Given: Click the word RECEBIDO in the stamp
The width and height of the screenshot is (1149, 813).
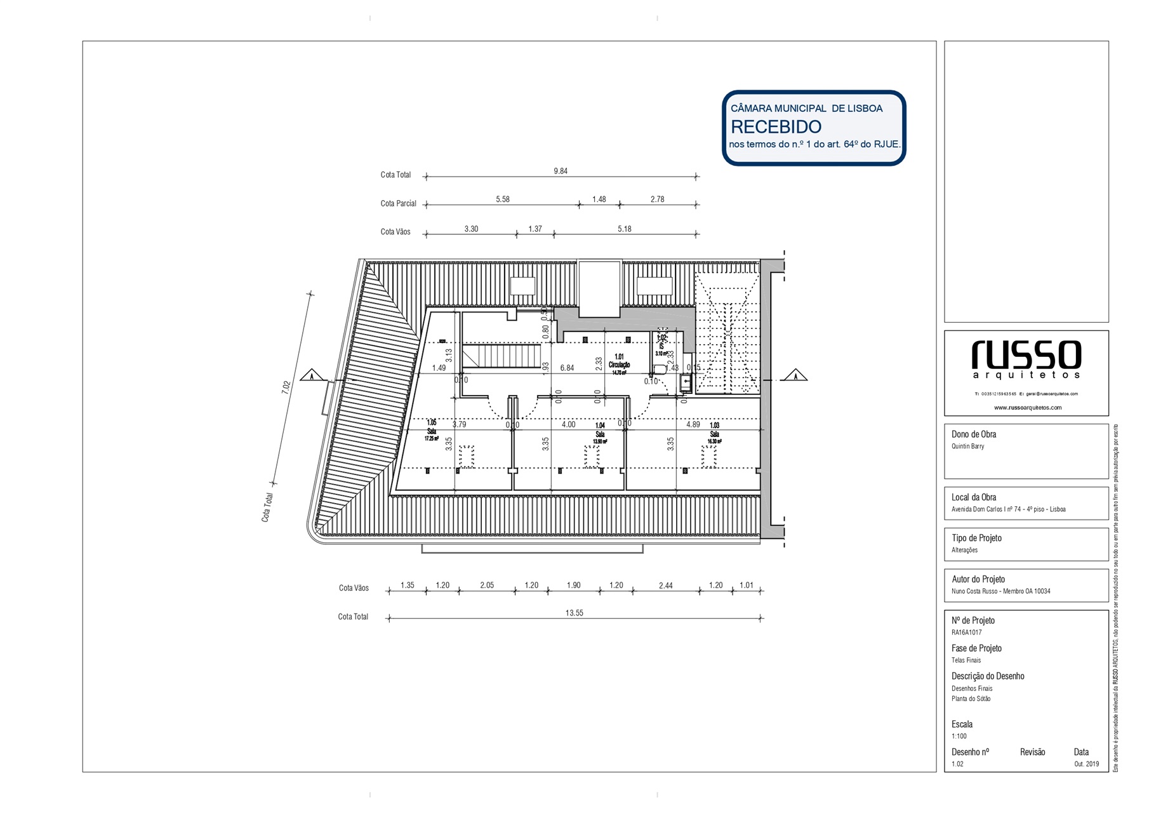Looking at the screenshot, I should point(776,127).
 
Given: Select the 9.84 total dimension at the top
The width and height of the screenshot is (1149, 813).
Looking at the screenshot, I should point(560,171).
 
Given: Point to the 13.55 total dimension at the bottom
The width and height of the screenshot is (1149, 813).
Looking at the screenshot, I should point(574,613).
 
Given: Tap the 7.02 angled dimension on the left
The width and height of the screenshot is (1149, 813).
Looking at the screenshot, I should point(286,387).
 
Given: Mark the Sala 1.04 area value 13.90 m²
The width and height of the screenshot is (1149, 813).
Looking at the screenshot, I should point(600,441).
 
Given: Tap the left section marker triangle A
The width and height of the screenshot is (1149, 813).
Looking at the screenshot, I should point(311,375).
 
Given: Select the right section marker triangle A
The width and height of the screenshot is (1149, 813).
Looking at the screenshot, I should point(795,375).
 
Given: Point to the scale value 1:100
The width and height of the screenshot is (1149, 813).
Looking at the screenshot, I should point(959,736).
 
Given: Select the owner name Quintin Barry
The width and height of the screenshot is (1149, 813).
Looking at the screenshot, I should point(967,447).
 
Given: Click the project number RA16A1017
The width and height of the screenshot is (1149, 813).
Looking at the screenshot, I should point(966,633).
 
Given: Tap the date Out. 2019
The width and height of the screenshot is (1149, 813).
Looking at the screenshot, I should point(1086,764).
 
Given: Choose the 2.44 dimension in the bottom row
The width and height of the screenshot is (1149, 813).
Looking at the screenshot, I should point(665,586).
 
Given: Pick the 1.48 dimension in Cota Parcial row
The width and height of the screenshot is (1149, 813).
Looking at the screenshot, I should point(599,199).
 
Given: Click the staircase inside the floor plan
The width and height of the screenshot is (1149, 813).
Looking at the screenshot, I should point(501,356).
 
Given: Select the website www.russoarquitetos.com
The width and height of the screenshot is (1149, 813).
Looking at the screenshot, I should point(1027,408).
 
